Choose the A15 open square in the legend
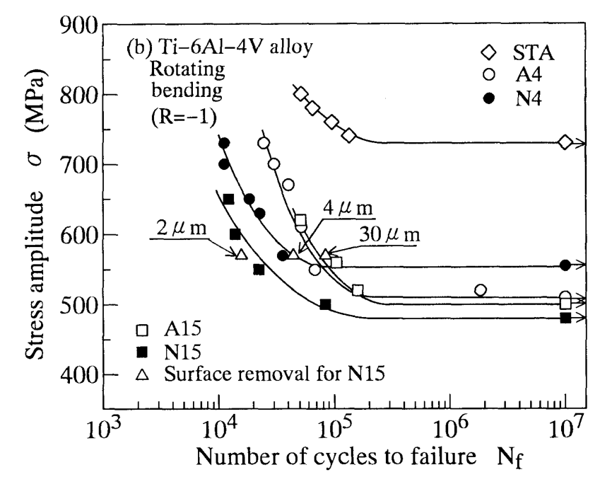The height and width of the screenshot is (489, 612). coord(143,330)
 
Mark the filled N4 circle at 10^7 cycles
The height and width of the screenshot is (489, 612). coord(565,265)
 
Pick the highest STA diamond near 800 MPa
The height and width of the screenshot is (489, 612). coord(300,94)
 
